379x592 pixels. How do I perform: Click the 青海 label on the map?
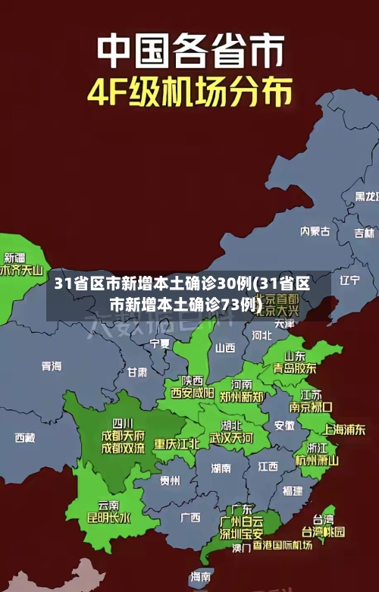click(x=51, y=366)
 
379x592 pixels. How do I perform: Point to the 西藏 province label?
click(x=24, y=437)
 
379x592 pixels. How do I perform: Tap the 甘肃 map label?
click(x=137, y=372)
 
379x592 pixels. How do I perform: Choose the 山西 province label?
click(x=225, y=349)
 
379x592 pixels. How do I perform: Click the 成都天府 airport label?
click(x=123, y=435)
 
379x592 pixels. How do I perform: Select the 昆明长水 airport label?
click(x=108, y=518)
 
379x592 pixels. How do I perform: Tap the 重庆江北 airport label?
click(x=177, y=443)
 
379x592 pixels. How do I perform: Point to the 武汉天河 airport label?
click(x=231, y=438)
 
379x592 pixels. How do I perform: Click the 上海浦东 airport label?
click(x=344, y=429)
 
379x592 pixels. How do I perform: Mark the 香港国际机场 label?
click(x=282, y=545)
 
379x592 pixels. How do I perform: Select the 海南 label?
click(x=201, y=577)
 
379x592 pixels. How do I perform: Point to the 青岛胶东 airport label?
click(x=295, y=368)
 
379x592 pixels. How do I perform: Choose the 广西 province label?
click(x=190, y=518)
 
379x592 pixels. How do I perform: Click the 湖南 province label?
click(x=221, y=468)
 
